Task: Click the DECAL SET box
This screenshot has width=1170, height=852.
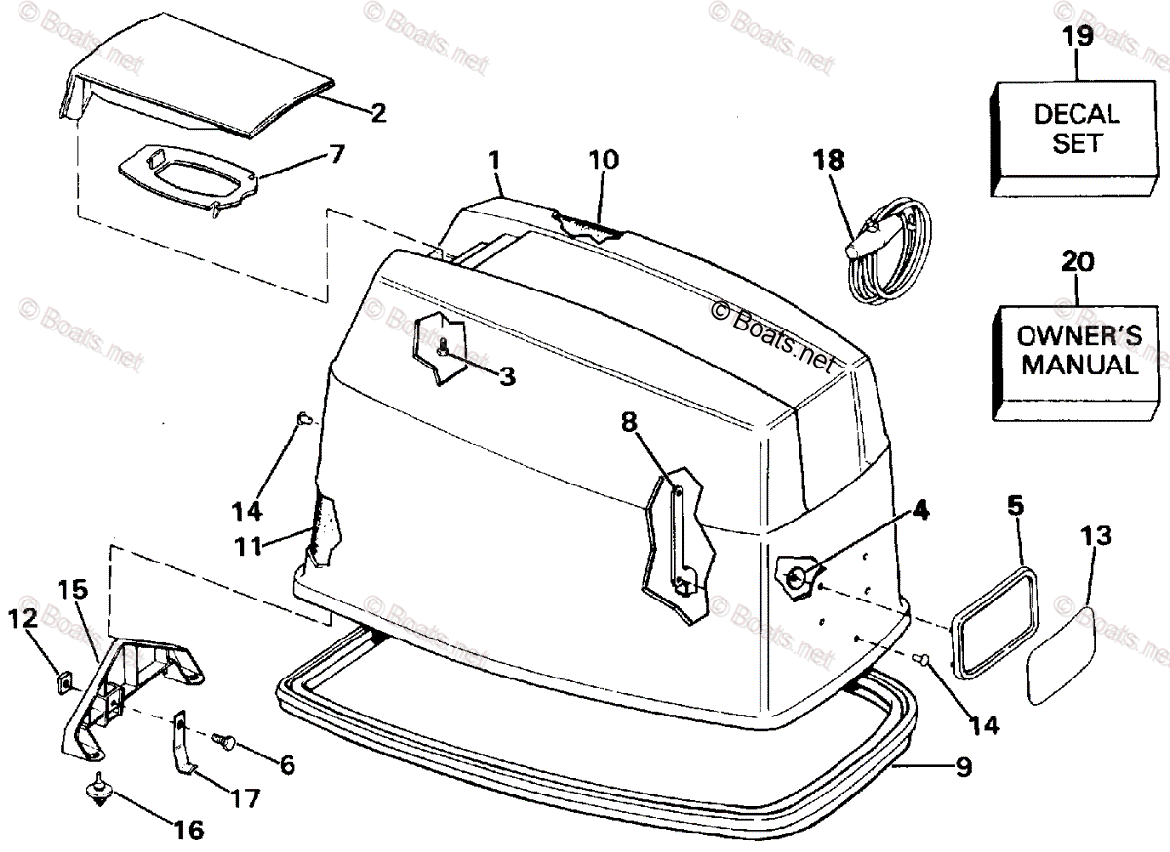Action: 1069,131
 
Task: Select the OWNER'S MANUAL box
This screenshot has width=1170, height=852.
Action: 1069,353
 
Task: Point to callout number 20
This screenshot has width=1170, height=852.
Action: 1076,261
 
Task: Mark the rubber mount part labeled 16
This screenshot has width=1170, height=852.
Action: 99,788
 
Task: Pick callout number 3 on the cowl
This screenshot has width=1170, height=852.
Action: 506,375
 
